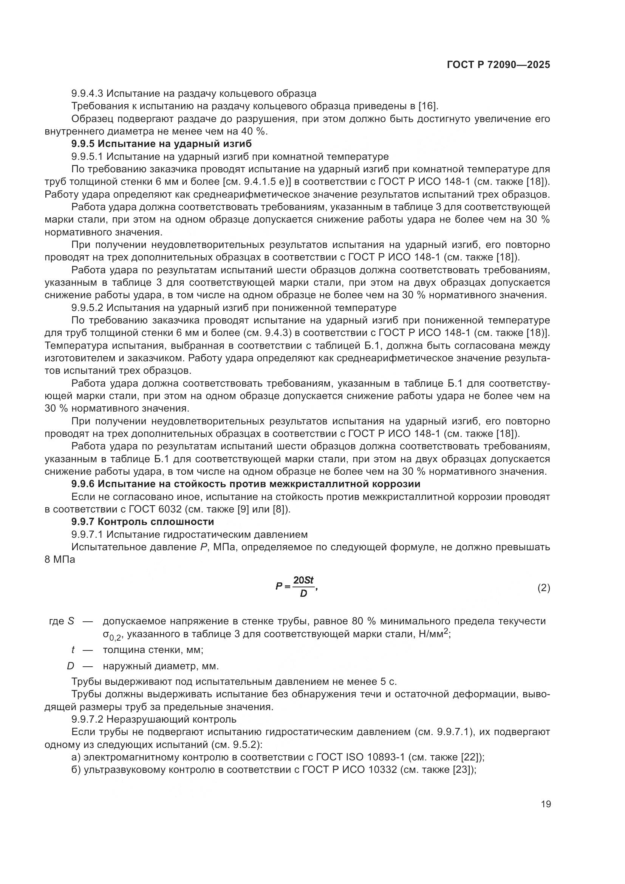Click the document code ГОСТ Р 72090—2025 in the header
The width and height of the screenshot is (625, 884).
498,65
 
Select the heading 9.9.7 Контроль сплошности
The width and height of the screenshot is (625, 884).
142,522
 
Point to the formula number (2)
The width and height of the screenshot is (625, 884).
543,588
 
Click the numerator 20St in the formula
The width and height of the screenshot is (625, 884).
303,580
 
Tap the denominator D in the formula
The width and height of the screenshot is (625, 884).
303,594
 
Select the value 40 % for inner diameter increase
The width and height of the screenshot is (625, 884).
253,131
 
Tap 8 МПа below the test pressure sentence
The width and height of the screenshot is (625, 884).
60,559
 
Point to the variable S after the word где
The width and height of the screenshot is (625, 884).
71,621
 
